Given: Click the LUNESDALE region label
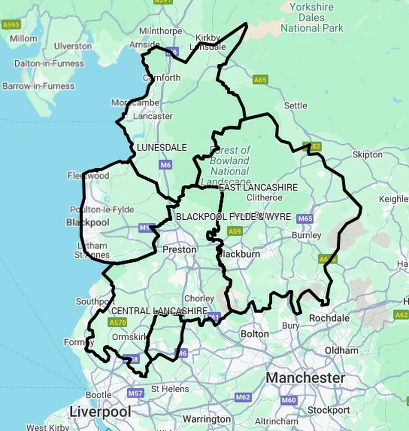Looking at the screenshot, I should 162,147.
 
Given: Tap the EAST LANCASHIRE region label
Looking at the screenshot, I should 258,187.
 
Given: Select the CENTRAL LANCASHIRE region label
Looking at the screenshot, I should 159,310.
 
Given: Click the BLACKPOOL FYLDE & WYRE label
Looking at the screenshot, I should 233,217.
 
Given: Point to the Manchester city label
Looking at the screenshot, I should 305,378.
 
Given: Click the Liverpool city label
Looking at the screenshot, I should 100,412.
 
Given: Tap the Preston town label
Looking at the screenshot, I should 179,250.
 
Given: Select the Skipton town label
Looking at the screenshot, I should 367,155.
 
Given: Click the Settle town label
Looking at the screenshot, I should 295,106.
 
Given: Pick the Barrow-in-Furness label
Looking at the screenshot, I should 38,86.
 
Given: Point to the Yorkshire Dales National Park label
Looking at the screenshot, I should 312,18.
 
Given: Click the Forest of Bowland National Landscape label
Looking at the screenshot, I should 230,161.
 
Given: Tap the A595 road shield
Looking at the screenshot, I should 11,25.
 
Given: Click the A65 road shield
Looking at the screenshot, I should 260,79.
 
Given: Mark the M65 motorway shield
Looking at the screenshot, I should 305,218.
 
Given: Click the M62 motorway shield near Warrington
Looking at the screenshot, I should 243,397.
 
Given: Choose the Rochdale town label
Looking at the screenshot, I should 330,318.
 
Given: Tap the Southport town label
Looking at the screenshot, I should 95,301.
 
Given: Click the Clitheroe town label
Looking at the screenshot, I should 264,197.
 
